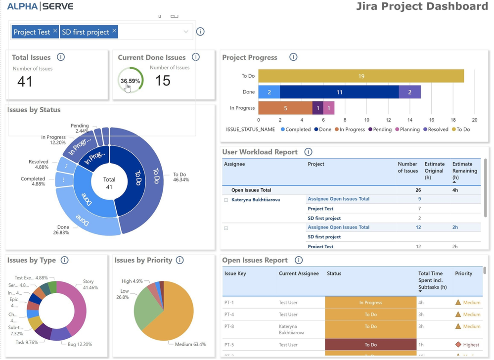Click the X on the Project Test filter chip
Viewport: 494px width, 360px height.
coord(55,31)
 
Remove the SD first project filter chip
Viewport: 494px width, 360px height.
coord(114,31)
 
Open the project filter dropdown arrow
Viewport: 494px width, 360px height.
coord(186,32)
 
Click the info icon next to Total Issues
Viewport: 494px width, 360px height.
coord(61,57)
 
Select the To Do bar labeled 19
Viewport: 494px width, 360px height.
coord(361,76)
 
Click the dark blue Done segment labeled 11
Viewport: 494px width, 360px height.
coord(339,92)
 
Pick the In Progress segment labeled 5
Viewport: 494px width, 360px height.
coord(285,108)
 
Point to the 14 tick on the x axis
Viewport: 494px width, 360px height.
coord(409,120)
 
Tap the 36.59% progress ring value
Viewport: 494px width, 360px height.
coord(131,81)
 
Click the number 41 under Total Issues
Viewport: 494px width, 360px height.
coord(25,82)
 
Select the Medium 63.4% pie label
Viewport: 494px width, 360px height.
coord(190,344)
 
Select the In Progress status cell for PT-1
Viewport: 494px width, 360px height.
coord(370,303)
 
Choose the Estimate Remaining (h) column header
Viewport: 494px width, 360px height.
coord(464,171)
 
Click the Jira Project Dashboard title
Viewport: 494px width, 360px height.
coord(422,6)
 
